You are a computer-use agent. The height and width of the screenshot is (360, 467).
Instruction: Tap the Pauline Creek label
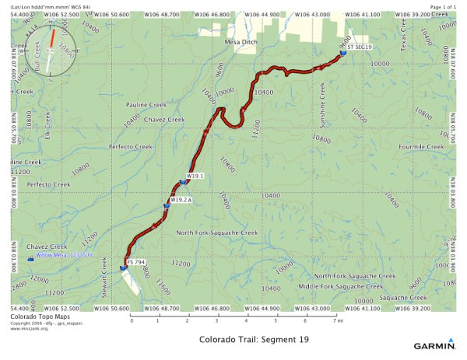tap(146, 103)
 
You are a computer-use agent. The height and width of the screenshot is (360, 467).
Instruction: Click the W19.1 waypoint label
tap(195, 177)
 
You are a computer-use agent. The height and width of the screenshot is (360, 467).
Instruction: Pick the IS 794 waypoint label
tap(136, 262)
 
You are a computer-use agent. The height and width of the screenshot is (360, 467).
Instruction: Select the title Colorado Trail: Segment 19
tap(249, 340)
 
